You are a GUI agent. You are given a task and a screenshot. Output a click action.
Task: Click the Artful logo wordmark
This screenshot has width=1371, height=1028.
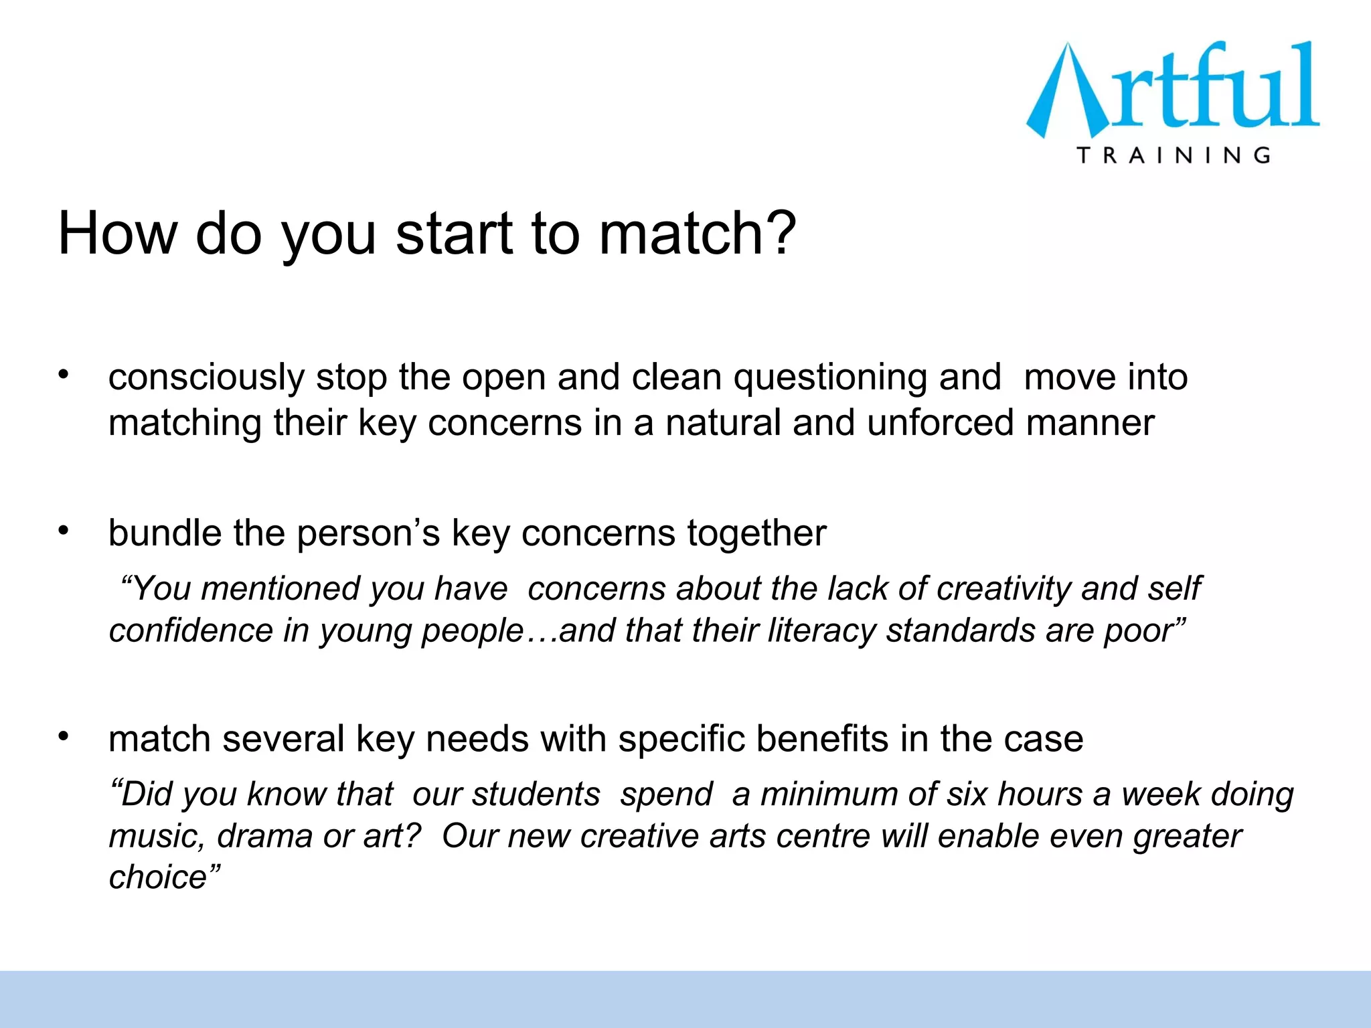pyautogui.click(x=1173, y=90)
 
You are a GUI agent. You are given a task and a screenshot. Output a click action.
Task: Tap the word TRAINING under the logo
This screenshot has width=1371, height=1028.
pyautogui.click(x=1174, y=155)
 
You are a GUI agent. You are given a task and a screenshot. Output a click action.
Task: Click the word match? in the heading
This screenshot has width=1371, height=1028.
pyautogui.click(x=697, y=234)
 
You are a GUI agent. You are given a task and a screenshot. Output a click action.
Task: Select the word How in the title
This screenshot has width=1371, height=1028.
pyautogui.click(x=118, y=234)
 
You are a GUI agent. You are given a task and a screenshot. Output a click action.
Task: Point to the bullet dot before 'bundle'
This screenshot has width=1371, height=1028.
pyautogui.click(x=64, y=531)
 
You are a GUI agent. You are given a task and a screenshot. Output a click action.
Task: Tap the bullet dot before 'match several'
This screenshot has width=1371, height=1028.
pyautogui.click(x=64, y=736)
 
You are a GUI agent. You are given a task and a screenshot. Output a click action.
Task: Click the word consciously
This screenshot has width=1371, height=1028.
pyautogui.click(x=206, y=377)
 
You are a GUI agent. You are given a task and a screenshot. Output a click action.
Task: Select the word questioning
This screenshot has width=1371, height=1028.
pyautogui.click(x=830, y=377)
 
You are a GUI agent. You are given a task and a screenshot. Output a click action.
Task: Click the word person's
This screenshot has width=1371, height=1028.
pyautogui.click(x=368, y=533)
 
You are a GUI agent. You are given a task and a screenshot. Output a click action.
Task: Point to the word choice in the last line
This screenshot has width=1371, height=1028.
pyautogui.click(x=158, y=877)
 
